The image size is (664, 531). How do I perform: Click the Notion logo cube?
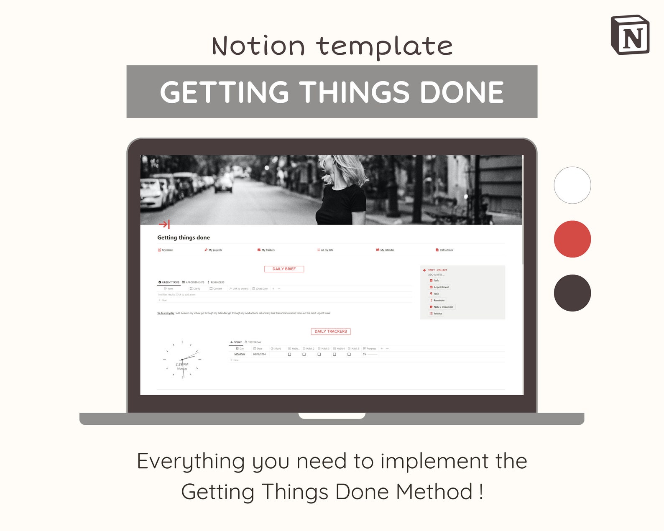tap(630, 36)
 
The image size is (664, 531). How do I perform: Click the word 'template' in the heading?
tap(384, 46)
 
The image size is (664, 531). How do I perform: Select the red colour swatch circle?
tap(572, 239)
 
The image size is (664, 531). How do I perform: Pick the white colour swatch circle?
tap(572, 185)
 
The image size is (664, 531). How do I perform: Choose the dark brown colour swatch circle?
tap(572, 293)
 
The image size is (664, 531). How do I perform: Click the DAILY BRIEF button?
tap(284, 269)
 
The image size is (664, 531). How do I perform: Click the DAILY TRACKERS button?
tap(330, 332)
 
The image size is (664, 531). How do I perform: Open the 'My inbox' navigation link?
tap(166, 250)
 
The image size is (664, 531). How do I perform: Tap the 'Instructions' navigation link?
tap(444, 250)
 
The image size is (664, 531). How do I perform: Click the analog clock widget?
tap(182, 360)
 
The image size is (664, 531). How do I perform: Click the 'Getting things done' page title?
tap(184, 237)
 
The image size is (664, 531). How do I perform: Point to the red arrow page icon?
tap(164, 225)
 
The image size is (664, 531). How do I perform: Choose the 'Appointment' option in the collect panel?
tap(441, 287)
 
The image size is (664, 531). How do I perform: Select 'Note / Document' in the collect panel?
tap(443, 307)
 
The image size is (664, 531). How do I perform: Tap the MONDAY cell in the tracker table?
tap(240, 354)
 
